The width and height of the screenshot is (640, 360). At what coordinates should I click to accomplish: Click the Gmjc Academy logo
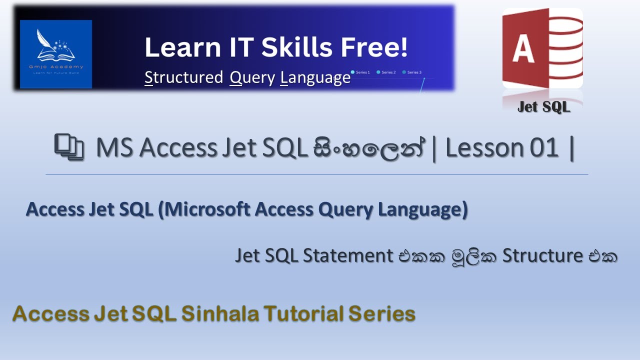pos(56,54)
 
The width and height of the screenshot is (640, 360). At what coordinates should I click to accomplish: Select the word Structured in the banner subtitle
pos(183,77)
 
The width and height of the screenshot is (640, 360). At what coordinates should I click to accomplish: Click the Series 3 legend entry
pos(412,72)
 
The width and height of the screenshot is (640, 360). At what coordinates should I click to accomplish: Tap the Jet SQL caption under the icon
pos(543,107)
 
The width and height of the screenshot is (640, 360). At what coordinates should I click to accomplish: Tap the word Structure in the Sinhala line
pos(542,256)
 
